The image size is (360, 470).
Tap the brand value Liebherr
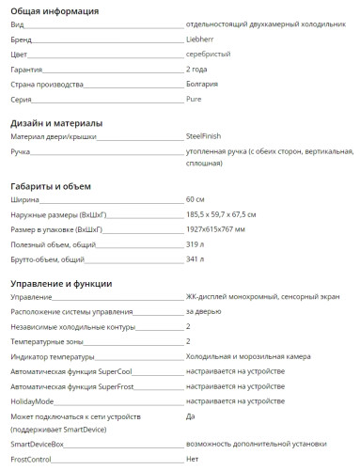pyautogui.click(x=202, y=42)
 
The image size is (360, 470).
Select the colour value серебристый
pyautogui.click(x=209, y=55)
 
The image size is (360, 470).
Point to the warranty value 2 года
pyautogui.click(x=198, y=70)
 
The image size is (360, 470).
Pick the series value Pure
pyautogui.click(x=195, y=98)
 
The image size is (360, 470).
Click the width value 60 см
pyautogui.click(x=196, y=200)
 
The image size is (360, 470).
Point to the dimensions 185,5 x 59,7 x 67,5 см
pyautogui.click(x=228, y=214)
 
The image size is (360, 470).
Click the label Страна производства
pyautogui.click(x=47, y=84)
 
